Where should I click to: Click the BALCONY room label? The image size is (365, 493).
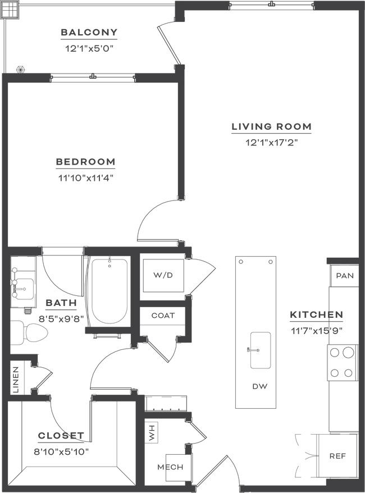[89, 33]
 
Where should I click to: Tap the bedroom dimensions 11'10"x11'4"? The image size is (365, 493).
[86, 178]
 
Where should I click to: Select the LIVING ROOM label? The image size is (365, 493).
[272, 127]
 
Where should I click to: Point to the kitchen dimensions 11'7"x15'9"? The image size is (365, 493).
[316, 331]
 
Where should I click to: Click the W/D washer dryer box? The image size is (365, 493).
[163, 276]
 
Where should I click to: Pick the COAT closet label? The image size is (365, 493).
[163, 316]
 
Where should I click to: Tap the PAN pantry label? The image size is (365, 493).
[345, 276]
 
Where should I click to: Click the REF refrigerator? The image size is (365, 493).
[337, 455]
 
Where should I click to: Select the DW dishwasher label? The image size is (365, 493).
[260, 386]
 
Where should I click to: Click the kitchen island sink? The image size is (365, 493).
[261, 350]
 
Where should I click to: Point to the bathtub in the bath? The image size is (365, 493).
[109, 291]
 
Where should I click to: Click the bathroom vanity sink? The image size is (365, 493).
[24, 288]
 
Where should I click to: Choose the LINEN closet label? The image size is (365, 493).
[16, 380]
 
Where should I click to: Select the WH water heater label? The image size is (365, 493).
[152, 432]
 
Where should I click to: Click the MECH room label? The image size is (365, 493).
[170, 467]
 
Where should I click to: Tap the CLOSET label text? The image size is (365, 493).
[61, 436]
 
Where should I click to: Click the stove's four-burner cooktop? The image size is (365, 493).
[342, 363]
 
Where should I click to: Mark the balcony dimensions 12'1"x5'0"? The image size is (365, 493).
[89, 49]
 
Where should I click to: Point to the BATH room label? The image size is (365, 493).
[61, 303]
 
